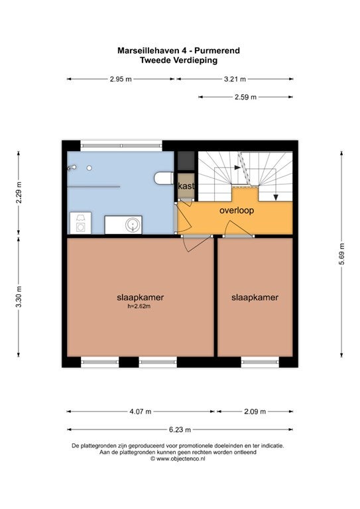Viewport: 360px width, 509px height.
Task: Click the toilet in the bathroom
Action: (x=164, y=178)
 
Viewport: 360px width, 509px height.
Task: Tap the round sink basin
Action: (x=133, y=225)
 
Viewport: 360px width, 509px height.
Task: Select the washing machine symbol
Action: (x=80, y=223)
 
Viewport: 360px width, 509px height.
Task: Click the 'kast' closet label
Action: (x=186, y=186)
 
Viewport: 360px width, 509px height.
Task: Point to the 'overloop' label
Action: (x=237, y=210)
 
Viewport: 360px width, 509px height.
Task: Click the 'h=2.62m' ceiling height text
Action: (x=139, y=306)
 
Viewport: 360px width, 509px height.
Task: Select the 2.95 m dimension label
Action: (x=121, y=79)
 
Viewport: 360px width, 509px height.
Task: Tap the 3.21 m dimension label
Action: (x=235, y=79)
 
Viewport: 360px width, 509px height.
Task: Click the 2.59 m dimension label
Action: (x=245, y=97)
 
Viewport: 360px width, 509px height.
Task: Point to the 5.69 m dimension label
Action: (x=341, y=254)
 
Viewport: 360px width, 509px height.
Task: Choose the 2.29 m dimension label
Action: (x=19, y=192)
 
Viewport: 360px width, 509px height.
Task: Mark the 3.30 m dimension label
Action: (x=19, y=297)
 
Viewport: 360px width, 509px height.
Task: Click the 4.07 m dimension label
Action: (x=141, y=412)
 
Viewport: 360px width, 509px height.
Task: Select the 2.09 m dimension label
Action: (x=255, y=412)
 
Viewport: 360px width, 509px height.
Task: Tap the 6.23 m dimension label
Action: (x=180, y=429)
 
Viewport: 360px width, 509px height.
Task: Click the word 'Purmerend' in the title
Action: (x=217, y=50)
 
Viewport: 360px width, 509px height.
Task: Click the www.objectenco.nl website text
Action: (x=181, y=459)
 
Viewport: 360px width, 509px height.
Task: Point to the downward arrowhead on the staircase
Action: (x=276, y=197)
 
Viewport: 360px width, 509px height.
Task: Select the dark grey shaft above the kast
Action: (x=186, y=161)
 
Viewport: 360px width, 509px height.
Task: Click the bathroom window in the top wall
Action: (x=121, y=146)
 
